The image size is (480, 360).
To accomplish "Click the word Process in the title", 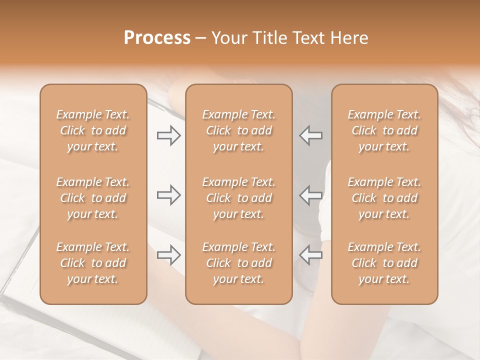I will click(157, 38).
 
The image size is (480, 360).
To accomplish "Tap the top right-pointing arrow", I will click(168, 135).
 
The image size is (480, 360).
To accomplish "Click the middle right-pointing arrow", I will click(168, 195).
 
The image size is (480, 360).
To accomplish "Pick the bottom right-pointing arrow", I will click(168, 255).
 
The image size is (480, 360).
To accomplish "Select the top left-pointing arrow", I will click(310, 135).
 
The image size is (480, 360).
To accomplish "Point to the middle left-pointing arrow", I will click(310, 195).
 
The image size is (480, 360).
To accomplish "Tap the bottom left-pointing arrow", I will click(310, 255).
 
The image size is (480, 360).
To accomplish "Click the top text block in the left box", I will click(93, 130).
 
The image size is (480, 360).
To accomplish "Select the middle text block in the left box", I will click(93, 198).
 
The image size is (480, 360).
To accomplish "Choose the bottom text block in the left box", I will click(93, 263).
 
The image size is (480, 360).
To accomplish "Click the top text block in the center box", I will click(239, 130).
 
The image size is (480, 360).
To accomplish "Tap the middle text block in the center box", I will click(239, 198).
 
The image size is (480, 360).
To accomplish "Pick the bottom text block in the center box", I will click(239, 263).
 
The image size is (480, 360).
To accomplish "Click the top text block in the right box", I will click(384, 130).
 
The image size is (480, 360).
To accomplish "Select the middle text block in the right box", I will click(384, 198).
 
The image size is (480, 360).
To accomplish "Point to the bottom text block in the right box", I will click(384, 263).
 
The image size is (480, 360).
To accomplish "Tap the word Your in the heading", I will click(227, 38).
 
